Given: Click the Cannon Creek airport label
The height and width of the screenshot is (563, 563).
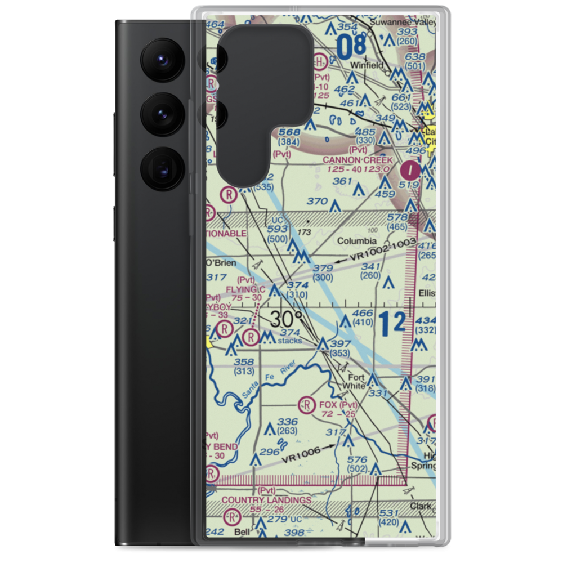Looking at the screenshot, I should [x=358, y=160].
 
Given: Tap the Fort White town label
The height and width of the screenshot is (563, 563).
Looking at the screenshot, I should [x=357, y=381].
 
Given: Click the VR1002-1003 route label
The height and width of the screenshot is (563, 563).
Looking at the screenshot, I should [x=383, y=249].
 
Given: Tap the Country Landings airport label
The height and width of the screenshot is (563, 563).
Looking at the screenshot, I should [x=266, y=500].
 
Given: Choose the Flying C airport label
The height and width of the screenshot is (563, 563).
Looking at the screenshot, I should [x=246, y=289].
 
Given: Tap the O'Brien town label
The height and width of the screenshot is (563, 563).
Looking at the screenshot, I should [x=221, y=263].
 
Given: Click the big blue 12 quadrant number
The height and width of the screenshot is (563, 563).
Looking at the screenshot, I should [x=391, y=324].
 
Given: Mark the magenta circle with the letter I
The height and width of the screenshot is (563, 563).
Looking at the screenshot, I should [x=412, y=169].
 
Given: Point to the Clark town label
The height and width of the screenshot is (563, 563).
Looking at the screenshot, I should [x=421, y=506].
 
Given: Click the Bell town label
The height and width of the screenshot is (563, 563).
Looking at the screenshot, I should [x=242, y=531].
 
